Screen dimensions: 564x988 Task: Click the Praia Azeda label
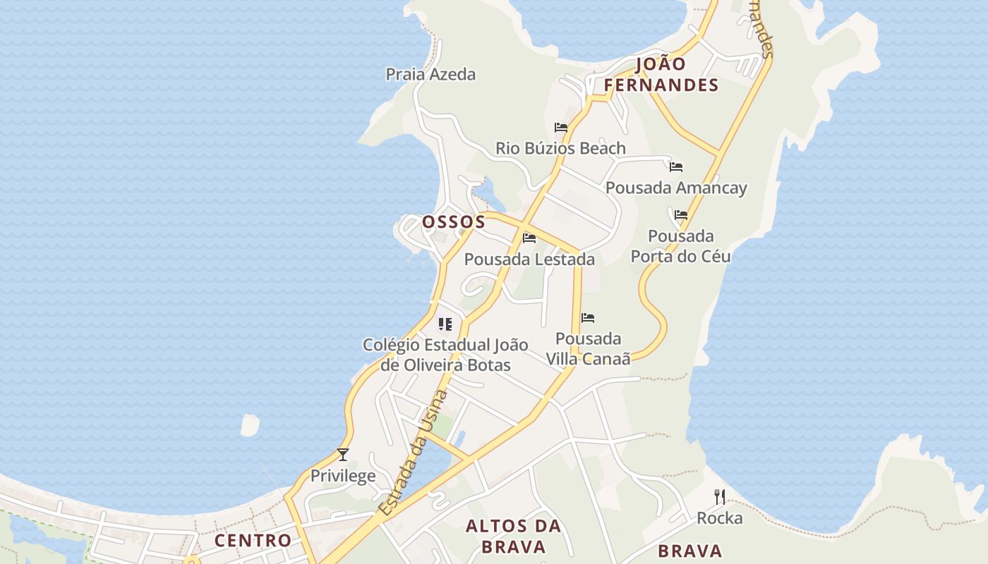point(430,74)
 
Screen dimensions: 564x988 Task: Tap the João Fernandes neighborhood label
point(661,75)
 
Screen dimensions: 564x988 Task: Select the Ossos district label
point(454,222)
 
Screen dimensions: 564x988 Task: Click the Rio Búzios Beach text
point(560,148)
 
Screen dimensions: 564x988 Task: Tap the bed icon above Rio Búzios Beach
point(561,128)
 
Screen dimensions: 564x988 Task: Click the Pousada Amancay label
point(676,188)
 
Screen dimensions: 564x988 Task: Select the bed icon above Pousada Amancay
point(676,167)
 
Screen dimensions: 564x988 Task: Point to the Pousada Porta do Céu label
point(680,246)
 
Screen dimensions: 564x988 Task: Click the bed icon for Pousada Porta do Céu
point(681,215)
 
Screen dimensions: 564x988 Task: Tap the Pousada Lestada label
point(529,259)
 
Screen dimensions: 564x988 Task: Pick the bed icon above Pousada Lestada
point(529,238)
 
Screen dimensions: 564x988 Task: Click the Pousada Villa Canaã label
point(588,348)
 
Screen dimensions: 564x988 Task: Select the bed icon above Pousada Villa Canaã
point(588,318)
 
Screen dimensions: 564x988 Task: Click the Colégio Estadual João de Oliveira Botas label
point(445,355)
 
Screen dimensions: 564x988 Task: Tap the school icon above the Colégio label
point(445,324)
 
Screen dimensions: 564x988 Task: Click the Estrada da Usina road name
point(414,452)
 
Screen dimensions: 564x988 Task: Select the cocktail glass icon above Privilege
point(343,455)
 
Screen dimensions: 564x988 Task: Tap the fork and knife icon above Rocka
point(720,497)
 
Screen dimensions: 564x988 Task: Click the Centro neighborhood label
point(253,541)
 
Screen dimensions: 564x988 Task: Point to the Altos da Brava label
point(514,536)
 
